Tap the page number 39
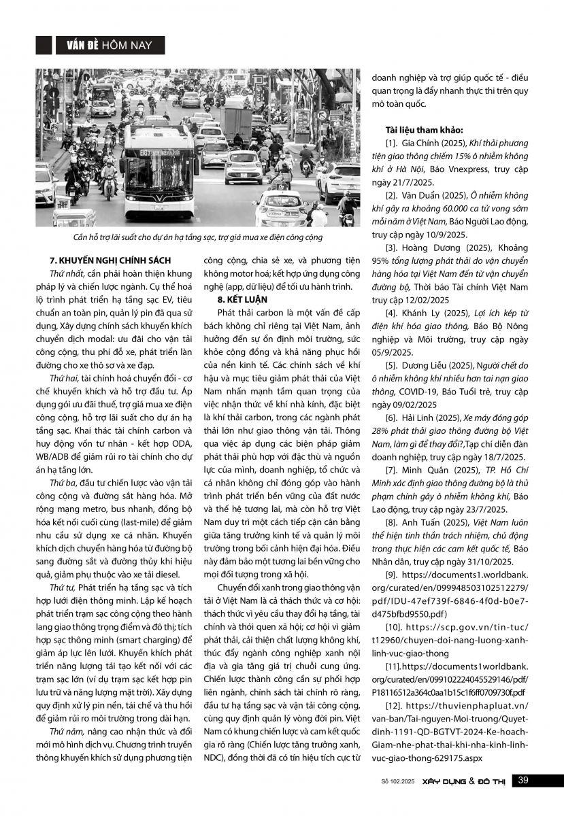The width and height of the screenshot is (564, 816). (x=523, y=780)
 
